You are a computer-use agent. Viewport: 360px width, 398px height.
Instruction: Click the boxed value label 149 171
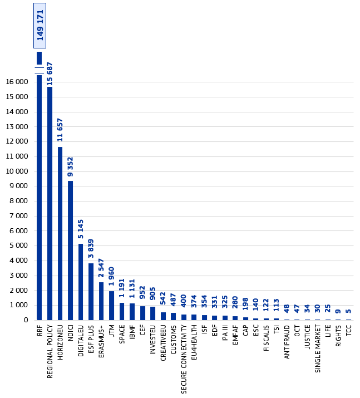coord(40,25)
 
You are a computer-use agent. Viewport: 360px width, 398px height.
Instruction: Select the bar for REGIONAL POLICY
coord(50,203)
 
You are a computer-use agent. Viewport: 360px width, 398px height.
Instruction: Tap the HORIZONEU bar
coord(60,233)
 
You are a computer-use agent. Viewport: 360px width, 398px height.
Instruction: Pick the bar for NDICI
coord(70,250)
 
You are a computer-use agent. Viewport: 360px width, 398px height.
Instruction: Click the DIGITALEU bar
coord(81,282)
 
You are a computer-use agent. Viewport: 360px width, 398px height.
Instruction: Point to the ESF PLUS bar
coord(91,291)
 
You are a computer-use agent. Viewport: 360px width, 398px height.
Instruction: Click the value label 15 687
coord(50,73)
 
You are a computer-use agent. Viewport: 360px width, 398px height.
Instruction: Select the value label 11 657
coord(60,130)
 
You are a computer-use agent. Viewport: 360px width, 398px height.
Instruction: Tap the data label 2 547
coord(101,268)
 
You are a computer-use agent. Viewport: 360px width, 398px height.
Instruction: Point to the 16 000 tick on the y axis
coord(17,82)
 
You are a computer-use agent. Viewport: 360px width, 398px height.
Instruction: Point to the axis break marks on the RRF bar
coord(39,70)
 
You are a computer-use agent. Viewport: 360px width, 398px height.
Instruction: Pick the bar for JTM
coord(111,306)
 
